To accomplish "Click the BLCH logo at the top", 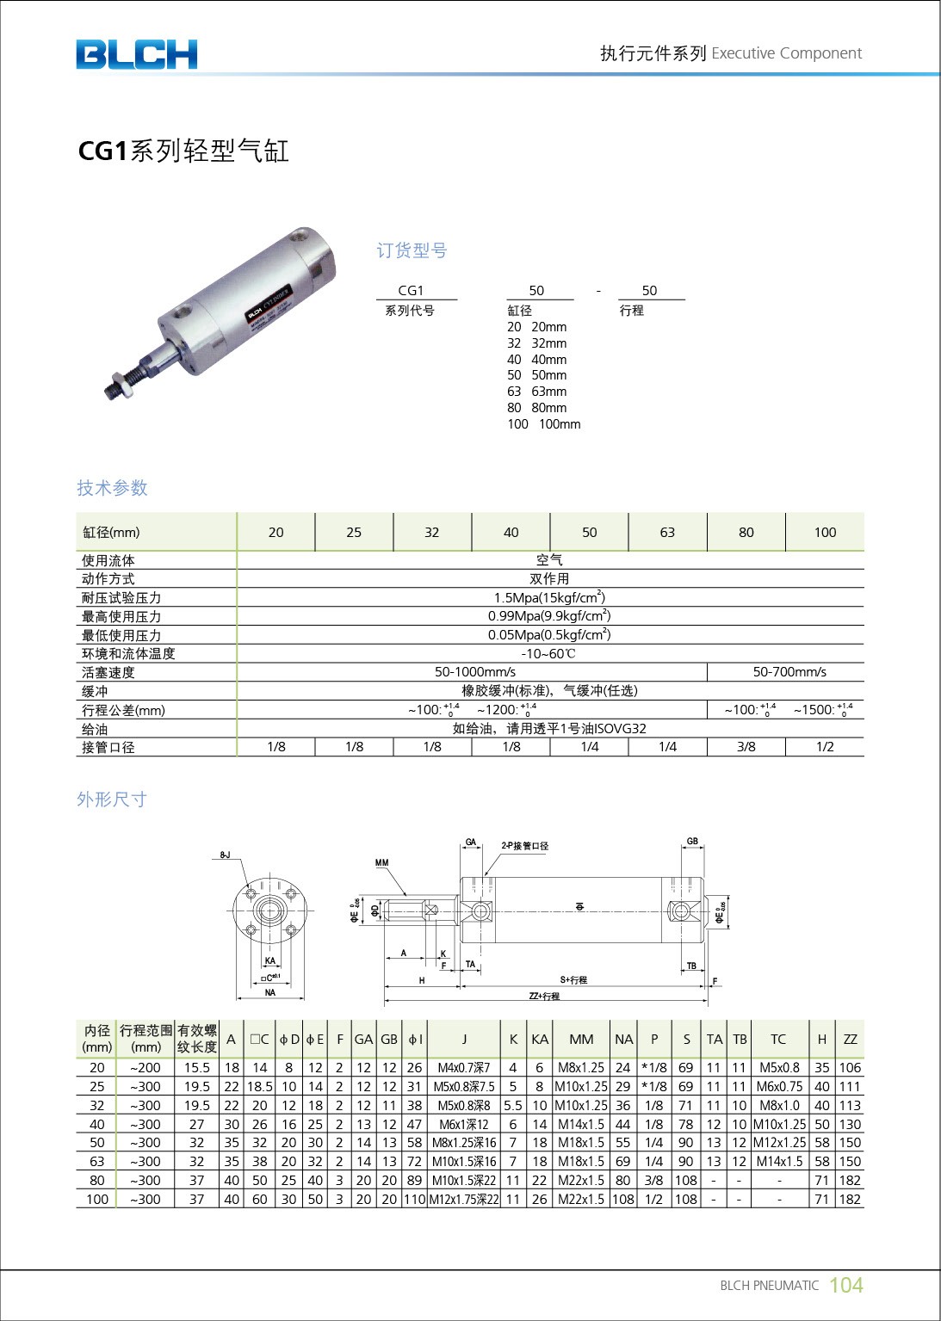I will coord(136,54).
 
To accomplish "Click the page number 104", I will coord(845,1285).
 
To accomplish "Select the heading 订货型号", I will coord(412,250).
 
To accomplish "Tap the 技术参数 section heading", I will coord(112,488).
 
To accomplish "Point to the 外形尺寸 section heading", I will coord(112,799).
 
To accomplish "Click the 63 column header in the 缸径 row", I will coord(667,532).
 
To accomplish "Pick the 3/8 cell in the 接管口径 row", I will coord(746,747).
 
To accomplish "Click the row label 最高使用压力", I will coord(121,616).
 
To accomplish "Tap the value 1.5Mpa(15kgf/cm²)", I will coord(549,597).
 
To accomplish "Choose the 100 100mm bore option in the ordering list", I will coord(543,424).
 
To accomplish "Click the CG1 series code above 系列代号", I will coord(411,291).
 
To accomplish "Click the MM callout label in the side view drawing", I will coord(381,862).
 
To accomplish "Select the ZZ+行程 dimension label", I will coord(544,996).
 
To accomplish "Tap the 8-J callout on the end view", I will coord(224,855).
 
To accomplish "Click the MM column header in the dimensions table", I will coord(581,1040).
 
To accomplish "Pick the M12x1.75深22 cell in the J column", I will coord(464,1200).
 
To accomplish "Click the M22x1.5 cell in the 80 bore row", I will coord(581,1181).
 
